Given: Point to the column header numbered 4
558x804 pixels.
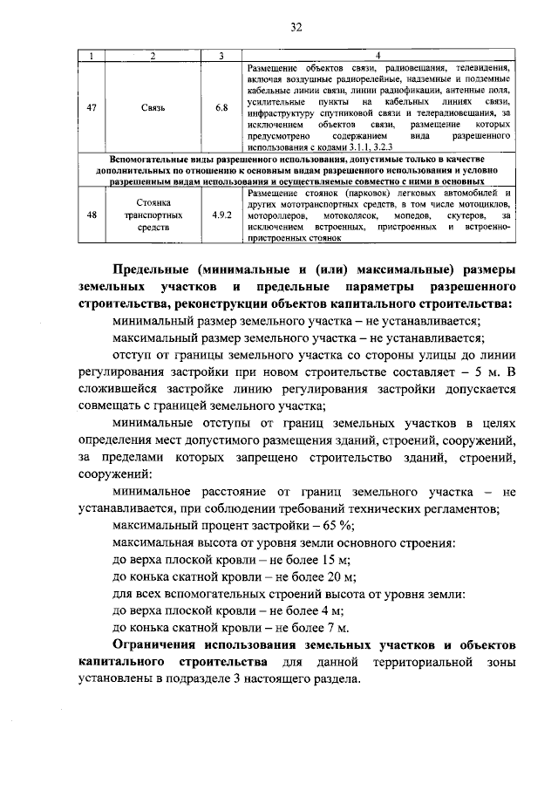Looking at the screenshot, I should pyautogui.click(x=377, y=56).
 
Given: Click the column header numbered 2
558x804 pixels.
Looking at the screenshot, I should pyautogui.click(x=153, y=56).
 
